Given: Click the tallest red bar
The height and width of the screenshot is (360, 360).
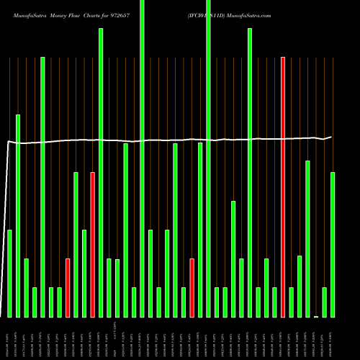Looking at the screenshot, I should point(283,187).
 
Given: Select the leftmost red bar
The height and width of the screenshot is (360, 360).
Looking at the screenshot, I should point(68,288).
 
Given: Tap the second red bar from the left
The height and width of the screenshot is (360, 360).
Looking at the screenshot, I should point(92,245).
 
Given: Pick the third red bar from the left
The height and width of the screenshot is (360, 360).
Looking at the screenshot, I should point(192,288).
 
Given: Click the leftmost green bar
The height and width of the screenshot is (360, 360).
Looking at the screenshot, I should point(9,274).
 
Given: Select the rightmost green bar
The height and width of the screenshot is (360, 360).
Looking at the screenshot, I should point(333,245).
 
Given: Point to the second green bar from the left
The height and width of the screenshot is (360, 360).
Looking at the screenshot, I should point(18,216).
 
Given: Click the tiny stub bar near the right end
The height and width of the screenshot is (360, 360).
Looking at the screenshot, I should point(316,315).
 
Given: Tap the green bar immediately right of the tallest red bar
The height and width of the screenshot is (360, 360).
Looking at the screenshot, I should point(291,302).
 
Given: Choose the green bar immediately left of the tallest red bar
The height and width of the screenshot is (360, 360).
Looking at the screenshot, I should point(274,302).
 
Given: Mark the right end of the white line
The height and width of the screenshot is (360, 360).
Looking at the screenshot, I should point(332,136).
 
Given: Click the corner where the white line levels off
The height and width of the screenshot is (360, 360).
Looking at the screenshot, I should point(9,142).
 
